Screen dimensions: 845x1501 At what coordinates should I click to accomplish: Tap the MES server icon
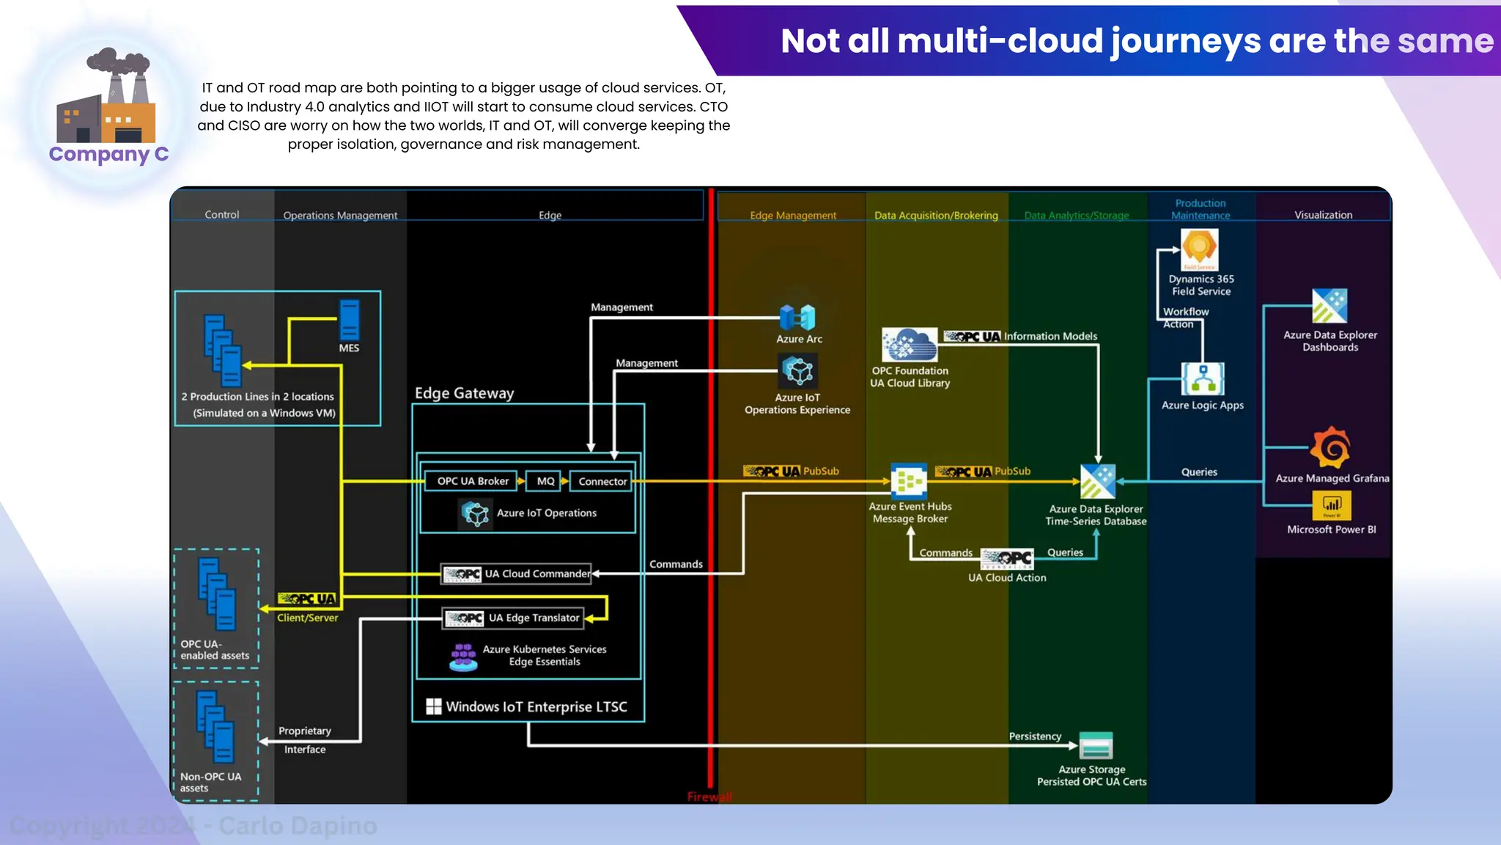coord(350,320)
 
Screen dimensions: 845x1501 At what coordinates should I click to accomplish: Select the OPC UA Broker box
coord(472,481)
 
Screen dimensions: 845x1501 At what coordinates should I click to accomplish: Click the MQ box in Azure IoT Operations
coord(545,481)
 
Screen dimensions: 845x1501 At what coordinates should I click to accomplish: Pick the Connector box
coord(602,481)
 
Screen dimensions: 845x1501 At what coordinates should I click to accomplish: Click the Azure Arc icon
coord(798,318)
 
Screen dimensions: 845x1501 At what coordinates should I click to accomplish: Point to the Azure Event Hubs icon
coord(909,481)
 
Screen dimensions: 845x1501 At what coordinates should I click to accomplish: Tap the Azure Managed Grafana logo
coord(1331,447)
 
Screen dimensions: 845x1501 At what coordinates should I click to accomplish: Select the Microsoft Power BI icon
coord(1332,505)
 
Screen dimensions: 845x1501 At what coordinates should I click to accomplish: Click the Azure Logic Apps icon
coord(1203,379)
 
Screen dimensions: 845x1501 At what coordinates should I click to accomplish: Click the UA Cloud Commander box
coord(517,574)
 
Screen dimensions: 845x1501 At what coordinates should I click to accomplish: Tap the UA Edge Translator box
coord(514,618)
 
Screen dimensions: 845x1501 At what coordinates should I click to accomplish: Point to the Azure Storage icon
coord(1096,746)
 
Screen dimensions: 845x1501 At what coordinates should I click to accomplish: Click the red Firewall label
coord(709,797)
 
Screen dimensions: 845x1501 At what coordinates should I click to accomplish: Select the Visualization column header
coord(1323,215)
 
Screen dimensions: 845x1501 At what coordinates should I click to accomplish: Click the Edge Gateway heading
coord(464,393)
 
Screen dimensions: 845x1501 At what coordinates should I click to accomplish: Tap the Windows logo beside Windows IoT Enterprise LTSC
coord(434,706)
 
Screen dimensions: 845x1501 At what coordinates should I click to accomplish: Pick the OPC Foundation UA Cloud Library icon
coord(910,344)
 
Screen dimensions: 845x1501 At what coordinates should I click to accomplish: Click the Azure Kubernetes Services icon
coord(463,657)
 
